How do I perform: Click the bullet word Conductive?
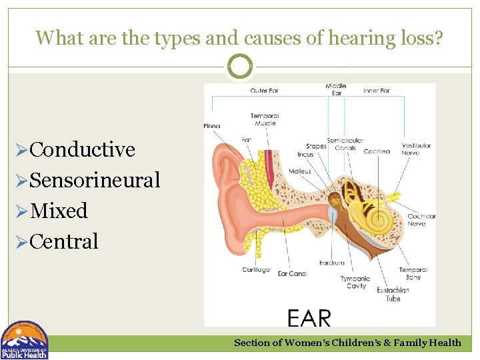[82, 149]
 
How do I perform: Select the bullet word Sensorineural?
[95, 180]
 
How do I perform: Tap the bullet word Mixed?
[59, 211]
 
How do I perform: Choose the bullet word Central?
[64, 241]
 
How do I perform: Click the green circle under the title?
[240, 67]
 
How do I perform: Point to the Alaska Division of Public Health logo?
[25, 341]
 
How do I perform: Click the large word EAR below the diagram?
[309, 318]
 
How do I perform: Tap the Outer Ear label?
[264, 91]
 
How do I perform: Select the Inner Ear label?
[377, 91]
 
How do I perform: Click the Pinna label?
[212, 125]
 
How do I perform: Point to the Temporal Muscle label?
[264, 119]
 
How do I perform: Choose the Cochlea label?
[377, 151]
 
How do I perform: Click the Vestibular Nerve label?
[416, 149]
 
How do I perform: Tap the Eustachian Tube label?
[393, 295]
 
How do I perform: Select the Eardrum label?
[331, 263]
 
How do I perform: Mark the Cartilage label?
[256, 269]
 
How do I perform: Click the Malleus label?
[300, 171]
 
